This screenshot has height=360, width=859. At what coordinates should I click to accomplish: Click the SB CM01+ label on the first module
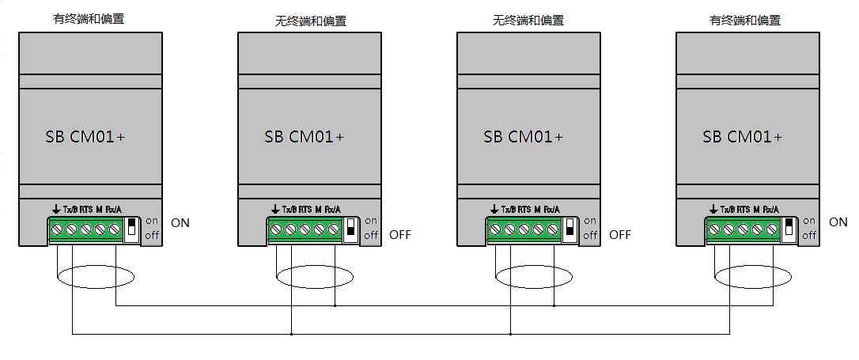click(x=85, y=136)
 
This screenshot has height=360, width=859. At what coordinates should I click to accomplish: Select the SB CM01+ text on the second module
click(x=305, y=136)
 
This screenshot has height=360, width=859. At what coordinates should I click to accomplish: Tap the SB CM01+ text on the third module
click(x=524, y=136)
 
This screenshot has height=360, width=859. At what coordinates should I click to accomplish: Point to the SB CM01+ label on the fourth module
click(x=743, y=136)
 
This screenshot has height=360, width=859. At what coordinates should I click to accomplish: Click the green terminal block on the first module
click(x=86, y=230)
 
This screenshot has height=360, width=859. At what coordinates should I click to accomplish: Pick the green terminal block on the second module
click(x=305, y=230)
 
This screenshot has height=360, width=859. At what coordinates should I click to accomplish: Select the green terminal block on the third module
click(x=524, y=230)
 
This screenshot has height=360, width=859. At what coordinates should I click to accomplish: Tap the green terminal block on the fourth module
click(x=744, y=230)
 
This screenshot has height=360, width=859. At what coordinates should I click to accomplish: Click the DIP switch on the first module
click(x=133, y=229)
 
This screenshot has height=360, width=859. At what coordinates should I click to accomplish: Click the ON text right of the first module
click(x=180, y=222)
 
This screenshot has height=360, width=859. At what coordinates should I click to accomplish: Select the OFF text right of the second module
click(x=400, y=234)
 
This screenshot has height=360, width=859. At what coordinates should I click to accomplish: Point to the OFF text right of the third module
click(x=620, y=234)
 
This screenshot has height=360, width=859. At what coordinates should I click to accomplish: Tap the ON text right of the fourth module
click(x=838, y=222)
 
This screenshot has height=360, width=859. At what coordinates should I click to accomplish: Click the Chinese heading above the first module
click(x=88, y=19)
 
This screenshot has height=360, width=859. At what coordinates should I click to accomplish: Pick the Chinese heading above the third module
click(x=528, y=21)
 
